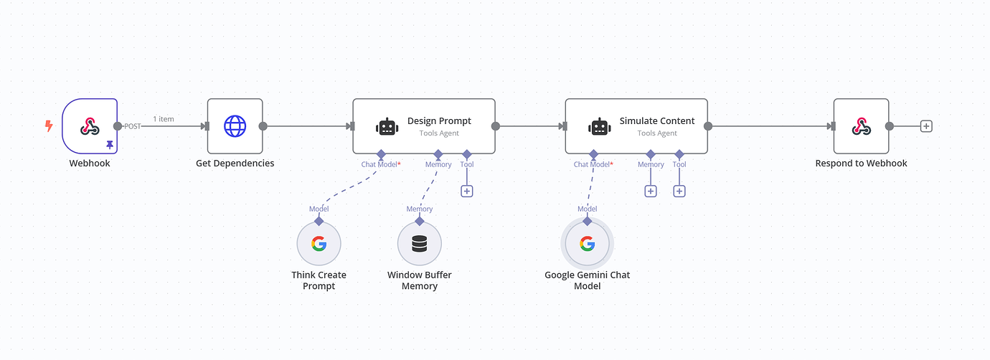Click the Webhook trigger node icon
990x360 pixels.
pos(90,126)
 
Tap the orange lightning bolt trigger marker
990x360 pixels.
pos(49,126)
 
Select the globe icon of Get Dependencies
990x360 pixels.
pos(235,126)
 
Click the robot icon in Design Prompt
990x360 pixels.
pos(387,127)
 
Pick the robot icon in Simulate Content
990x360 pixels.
pos(600,127)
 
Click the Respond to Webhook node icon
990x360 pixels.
pos(861,126)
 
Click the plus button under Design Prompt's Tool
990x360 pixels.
pos(467,191)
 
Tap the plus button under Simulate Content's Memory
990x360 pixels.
pos(651,191)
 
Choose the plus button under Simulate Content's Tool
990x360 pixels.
pos(679,191)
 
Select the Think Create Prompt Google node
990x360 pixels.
pos(319,244)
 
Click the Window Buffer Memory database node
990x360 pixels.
pos(419,244)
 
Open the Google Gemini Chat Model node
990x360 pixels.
pos(587,244)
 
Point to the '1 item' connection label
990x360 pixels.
pos(163,119)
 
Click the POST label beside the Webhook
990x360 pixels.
pos(133,126)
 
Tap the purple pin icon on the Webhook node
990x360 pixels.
pos(110,145)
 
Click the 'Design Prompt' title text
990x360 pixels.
pos(439,121)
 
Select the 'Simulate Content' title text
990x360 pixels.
pos(657,121)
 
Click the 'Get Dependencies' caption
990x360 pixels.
pos(235,164)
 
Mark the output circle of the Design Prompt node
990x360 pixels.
pos(496,126)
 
